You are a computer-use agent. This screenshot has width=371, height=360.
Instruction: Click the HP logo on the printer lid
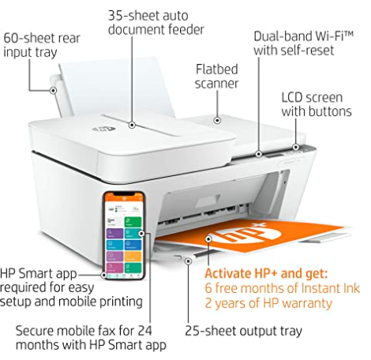click(103, 129)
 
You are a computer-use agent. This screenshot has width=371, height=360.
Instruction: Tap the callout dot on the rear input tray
click(53, 91)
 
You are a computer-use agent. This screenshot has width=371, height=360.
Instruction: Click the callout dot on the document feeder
click(132, 125)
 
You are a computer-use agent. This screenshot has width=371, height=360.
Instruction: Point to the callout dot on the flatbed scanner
click(217, 120)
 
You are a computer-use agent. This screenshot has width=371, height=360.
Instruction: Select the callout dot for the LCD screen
click(296, 147)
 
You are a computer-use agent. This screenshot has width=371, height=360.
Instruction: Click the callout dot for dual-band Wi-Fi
click(259, 154)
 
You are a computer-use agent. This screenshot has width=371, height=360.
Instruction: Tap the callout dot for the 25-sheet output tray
click(188, 261)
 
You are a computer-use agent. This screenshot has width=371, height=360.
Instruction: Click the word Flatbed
click(217, 69)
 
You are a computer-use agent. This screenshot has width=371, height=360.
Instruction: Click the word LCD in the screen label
click(292, 97)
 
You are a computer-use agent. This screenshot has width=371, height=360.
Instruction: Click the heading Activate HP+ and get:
click(266, 274)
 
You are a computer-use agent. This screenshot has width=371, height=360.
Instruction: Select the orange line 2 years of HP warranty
click(268, 303)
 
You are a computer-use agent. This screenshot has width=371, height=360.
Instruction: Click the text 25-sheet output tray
click(243, 331)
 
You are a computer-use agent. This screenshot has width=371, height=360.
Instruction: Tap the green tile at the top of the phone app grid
click(133, 222)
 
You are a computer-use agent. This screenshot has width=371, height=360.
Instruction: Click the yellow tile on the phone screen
click(133, 256)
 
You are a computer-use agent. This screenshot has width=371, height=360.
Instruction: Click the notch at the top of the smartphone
click(124, 194)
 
